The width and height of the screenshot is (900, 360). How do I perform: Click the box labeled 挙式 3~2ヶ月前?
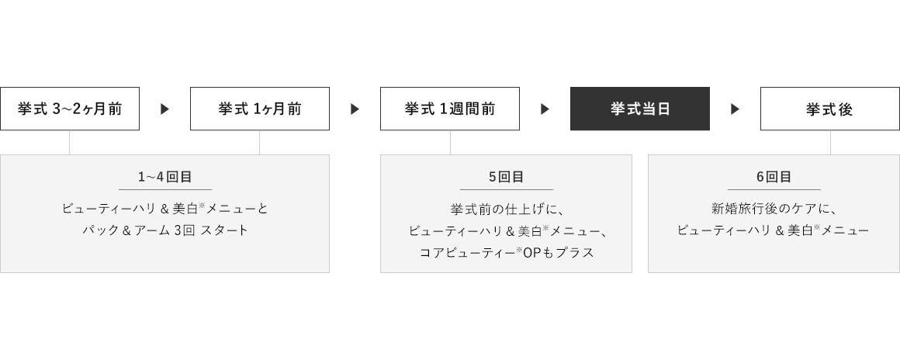(x=70, y=109)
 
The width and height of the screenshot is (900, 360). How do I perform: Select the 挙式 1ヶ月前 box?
(x=259, y=109)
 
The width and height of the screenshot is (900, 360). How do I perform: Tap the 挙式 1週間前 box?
(x=449, y=109)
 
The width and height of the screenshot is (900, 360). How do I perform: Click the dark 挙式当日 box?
(x=639, y=109)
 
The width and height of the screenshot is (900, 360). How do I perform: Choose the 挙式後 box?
(x=830, y=109)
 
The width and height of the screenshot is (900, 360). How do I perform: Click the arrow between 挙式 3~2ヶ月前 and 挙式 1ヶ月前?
(x=164, y=109)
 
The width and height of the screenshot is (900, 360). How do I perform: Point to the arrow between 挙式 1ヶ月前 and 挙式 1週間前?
(x=355, y=109)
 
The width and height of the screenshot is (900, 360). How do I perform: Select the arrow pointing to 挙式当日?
(x=545, y=109)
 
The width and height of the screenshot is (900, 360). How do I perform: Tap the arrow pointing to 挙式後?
(x=735, y=109)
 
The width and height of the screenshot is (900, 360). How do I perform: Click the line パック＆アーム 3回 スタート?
(x=164, y=230)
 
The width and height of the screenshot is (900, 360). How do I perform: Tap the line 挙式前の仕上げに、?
(x=506, y=209)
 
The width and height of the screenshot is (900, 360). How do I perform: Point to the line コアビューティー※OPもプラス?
(x=506, y=252)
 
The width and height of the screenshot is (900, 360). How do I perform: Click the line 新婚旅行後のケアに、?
(x=774, y=209)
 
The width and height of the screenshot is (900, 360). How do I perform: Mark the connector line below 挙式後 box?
(x=830, y=143)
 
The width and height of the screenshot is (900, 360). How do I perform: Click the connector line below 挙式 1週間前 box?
(x=450, y=143)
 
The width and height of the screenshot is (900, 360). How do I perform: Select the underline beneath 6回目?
(x=774, y=189)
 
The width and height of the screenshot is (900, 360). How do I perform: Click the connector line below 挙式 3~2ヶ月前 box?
(x=70, y=143)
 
